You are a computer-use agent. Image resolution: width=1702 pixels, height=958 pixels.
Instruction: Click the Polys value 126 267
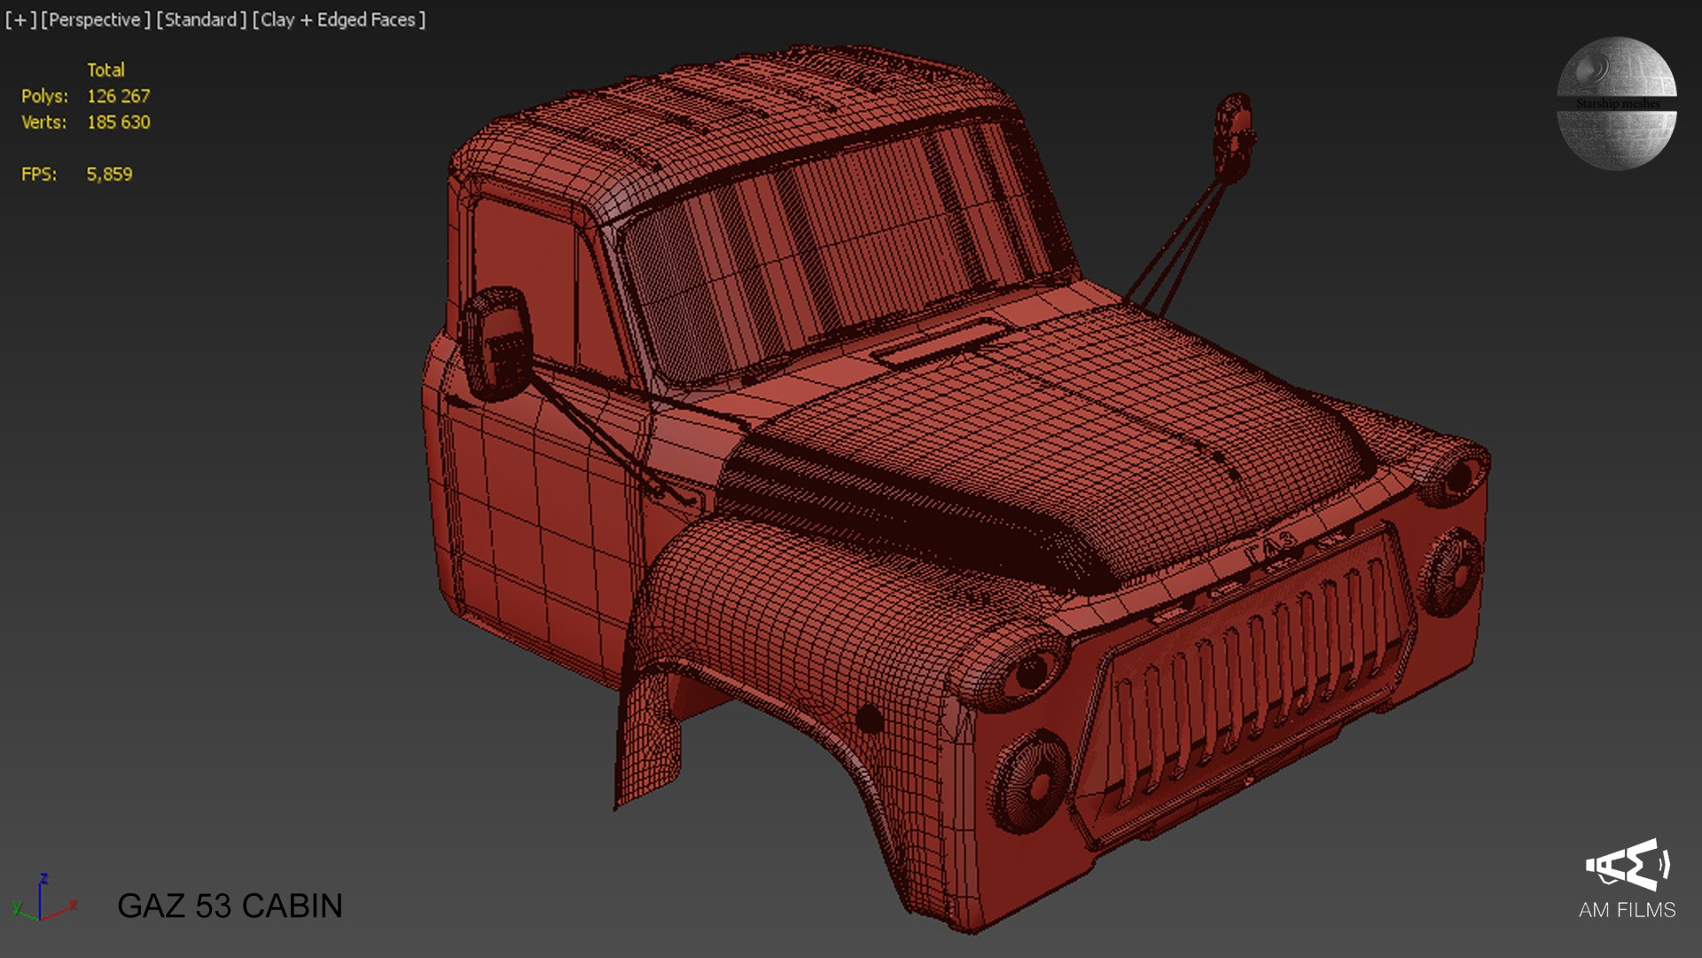[118, 96]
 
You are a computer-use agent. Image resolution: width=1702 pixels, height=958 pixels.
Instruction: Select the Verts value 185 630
[118, 122]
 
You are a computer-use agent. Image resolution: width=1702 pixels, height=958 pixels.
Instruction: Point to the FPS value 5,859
[109, 175]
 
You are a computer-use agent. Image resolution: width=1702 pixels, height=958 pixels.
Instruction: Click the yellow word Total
[105, 70]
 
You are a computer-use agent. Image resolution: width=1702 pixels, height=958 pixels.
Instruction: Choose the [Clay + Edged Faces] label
[339, 20]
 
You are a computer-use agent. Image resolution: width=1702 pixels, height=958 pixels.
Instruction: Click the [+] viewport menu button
[20, 20]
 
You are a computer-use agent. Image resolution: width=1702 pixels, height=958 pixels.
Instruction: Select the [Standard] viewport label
[201, 20]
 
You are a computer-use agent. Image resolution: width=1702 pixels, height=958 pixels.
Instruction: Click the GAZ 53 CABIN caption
[230, 906]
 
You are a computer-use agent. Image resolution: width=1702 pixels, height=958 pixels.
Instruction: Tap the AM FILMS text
[1627, 910]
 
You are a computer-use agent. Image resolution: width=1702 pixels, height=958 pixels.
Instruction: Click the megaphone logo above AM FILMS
[1628, 864]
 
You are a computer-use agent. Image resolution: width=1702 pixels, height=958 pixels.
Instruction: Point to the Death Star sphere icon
[1616, 103]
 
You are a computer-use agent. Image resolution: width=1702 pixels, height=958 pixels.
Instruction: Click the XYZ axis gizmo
[43, 899]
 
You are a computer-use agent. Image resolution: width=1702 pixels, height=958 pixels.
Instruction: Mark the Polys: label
[44, 96]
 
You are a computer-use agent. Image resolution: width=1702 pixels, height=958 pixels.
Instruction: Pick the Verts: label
[44, 122]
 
